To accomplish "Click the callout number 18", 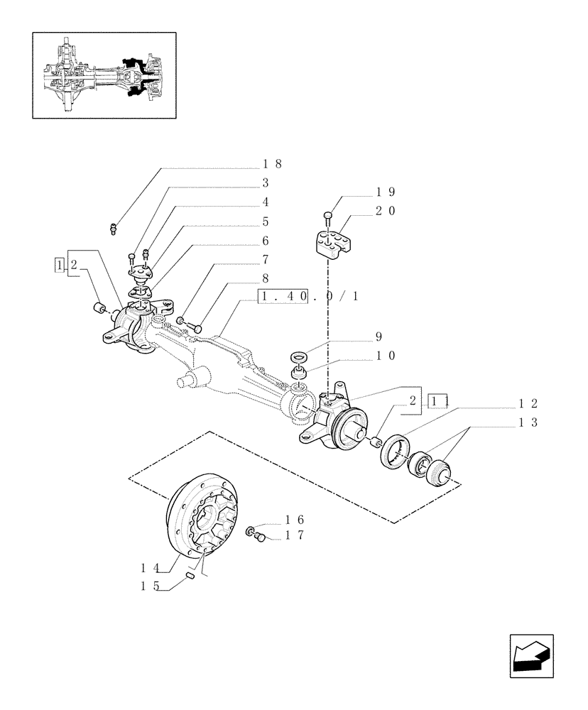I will (272, 164).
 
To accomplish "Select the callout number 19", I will (386, 192).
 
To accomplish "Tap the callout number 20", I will (386, 211).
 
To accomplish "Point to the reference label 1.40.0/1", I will (309, 296).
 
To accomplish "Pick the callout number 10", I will (386, 356).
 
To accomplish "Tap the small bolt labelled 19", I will (327, 215).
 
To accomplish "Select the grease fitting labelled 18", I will (113, 228).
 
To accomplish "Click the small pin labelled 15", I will (191, 577).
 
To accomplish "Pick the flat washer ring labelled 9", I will (298, 354).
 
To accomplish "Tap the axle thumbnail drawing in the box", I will (104, 75).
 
